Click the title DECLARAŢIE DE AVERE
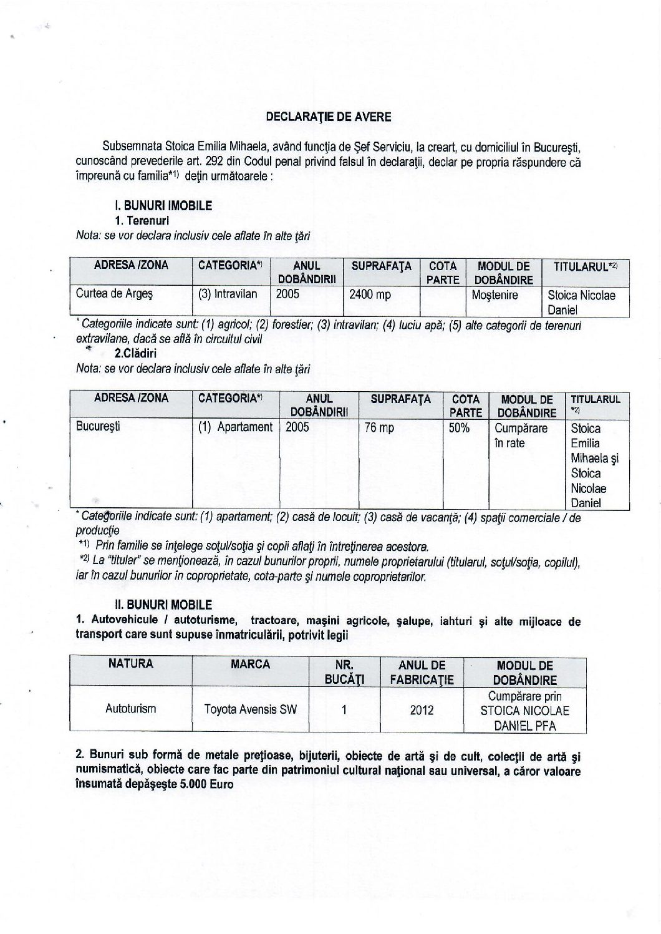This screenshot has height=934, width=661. (329, 116)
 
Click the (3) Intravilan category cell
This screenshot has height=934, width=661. (228, 294)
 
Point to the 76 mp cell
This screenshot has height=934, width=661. (379, 428)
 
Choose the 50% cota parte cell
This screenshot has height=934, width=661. (460, 428)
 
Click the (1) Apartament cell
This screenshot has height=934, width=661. (236, 427)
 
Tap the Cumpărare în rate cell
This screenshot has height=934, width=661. (521, 435)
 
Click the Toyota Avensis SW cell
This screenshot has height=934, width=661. (251, 709)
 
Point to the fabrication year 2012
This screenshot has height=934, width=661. (422, 709)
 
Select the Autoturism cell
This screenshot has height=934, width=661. (131, 709)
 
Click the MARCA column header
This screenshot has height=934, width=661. (251, 664)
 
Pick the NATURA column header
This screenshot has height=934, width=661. (131, 664)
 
